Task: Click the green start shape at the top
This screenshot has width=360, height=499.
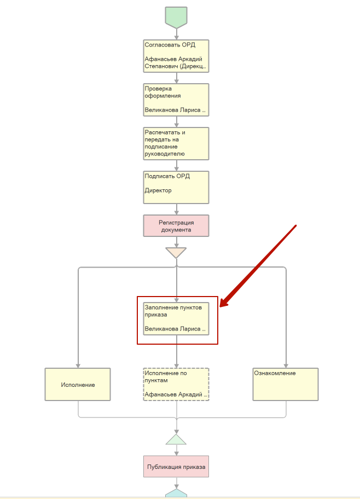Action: pos(176,17)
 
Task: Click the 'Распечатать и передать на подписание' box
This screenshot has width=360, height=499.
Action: pos(176,143)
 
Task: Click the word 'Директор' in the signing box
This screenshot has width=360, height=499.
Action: pos(158,190)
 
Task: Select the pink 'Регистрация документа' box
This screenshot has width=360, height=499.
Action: pos(176,225)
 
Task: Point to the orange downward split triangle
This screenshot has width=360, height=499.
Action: pos(176,253)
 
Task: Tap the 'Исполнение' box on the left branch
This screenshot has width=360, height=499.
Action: pos(78,384)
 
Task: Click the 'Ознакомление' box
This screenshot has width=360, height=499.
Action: pos(285,384)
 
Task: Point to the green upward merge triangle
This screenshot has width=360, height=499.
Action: pos(176,439)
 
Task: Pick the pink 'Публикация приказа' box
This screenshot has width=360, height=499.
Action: pos(176,467)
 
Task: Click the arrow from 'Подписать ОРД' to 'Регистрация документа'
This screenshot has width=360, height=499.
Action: pos(176,209)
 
